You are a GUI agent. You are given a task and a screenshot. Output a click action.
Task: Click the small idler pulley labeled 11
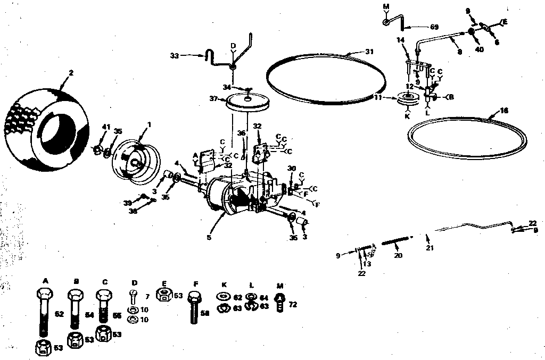(408, 99)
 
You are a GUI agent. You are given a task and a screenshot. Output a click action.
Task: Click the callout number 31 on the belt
(370, 52)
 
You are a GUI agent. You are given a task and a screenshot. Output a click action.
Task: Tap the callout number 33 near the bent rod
(175, 55)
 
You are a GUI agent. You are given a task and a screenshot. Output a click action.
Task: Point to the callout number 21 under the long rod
(429, 248)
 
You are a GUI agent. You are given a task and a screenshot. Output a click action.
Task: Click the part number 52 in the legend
(59, 314)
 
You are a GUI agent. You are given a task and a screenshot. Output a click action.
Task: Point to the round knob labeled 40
(472, 32)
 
